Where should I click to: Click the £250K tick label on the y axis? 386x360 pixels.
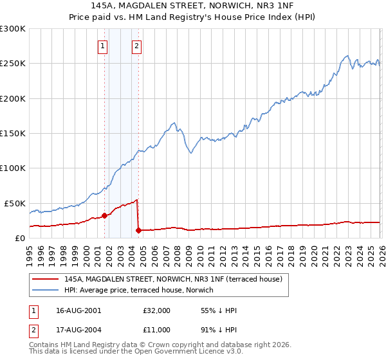[x=13, y=64]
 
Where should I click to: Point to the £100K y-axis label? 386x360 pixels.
[x=13, y=168]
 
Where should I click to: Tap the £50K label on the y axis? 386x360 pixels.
[x=15, y=203]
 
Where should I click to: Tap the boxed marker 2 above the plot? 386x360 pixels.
[x=138, y=46]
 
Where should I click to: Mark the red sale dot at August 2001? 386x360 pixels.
[x=104, y=216]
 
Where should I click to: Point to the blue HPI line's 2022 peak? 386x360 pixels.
[x=347, y=56]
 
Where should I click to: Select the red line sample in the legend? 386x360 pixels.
[x=45, y=280]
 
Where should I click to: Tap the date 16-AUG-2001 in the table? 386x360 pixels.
[x=78, y=310]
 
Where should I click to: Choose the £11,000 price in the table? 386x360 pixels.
[x=157, y=330]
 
